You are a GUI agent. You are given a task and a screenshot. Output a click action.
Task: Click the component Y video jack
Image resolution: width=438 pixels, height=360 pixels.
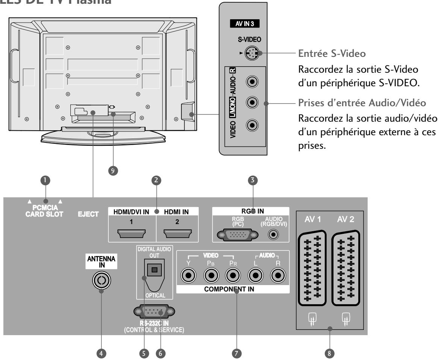(x=188, y=277)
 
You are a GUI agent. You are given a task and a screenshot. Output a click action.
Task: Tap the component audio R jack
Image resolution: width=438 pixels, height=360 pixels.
(x=278, y=277)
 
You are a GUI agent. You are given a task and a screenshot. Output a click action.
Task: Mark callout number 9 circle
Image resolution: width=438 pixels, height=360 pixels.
(x=111, y=170)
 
